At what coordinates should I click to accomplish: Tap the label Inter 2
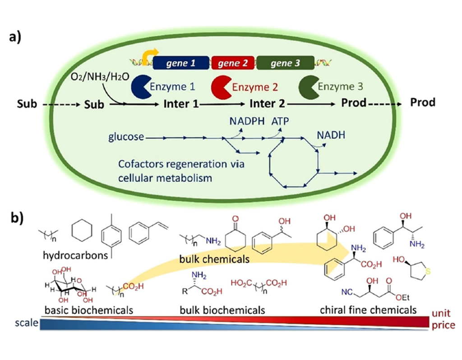[x=267, y=103]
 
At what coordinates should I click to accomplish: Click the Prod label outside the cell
[x=423, y=102]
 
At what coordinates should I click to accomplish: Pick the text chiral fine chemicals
[x=368, y=310]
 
